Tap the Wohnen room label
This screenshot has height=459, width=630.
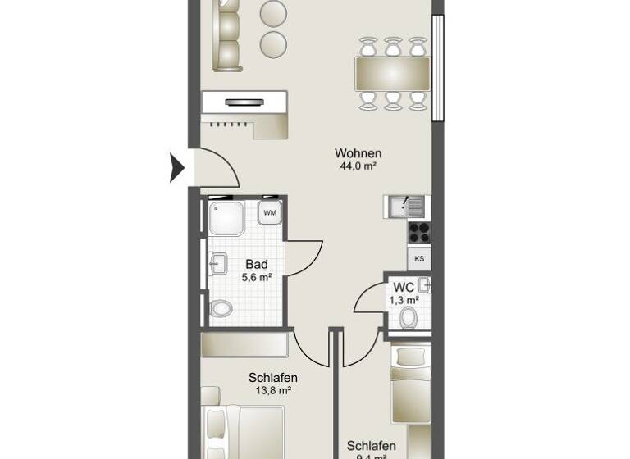point(358,153)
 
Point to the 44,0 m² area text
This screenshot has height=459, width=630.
point(358,166)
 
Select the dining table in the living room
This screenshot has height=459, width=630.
point(393,74)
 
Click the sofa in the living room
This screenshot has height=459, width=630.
point(226,35)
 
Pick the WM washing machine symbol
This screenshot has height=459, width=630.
point(270,214)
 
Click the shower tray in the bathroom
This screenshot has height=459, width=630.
point(226,219)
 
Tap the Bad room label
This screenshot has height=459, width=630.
point(256,265)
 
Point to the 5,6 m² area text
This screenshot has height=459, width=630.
point(256,278)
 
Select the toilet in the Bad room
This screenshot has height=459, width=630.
point(220,309)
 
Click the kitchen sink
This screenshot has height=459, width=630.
point(406,207)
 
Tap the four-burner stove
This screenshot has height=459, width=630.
point(418,232)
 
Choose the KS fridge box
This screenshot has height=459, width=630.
point(419,259)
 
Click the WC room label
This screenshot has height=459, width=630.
point(403,288)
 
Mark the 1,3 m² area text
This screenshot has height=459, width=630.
point(403,301)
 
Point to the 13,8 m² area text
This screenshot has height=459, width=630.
point(272,391)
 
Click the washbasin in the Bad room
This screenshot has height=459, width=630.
point(217,264)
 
